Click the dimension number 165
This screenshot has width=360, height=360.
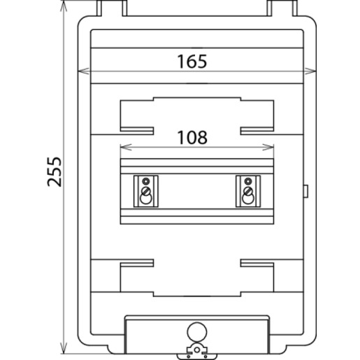[x=192, y=62]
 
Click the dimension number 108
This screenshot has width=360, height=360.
[x=192, y=138]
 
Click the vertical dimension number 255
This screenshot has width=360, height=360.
[x=55, y=172]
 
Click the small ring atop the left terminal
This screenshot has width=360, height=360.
[x=146, y=181]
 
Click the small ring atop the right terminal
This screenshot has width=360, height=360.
[x=248, y=181]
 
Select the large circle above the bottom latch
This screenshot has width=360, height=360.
[x=197, y=332]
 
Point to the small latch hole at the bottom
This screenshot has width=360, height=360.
[x=197, y=350]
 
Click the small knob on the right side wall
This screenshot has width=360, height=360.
[x=306, y=191]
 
